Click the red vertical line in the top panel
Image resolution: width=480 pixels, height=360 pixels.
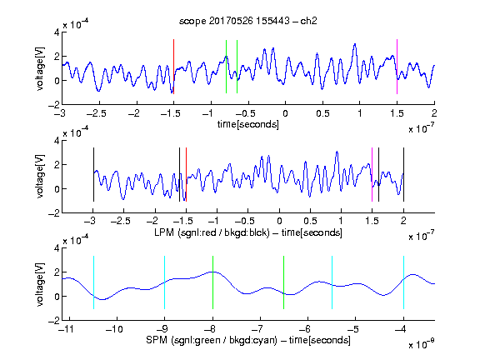click(173, 67)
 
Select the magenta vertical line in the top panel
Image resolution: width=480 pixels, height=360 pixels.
click(397, 67)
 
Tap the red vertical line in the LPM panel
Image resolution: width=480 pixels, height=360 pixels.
click(186, 174)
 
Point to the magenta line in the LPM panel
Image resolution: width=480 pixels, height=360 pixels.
click(372, 174)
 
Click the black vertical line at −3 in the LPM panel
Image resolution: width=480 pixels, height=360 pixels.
click(93, 174)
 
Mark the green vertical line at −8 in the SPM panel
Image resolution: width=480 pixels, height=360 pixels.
click(212, 282)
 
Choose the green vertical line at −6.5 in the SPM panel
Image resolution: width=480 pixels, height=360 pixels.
click(284, 282)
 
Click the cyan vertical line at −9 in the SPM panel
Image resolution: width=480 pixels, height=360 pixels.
click(164, 282)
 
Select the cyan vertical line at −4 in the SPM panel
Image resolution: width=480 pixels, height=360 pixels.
click(403, 282)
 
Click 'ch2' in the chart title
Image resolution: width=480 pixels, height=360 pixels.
click(308, 21)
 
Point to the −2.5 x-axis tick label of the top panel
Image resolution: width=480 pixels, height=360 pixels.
click(97, 113)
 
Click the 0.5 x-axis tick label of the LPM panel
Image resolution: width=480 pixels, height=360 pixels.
click(310, 221)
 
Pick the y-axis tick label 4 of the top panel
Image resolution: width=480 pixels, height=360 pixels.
click(57, 32)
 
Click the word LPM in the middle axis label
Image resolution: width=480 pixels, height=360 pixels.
click(164, 232)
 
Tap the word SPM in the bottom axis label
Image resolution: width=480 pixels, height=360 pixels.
click(157, 340)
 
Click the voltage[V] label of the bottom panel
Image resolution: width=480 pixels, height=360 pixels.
click(40, 284)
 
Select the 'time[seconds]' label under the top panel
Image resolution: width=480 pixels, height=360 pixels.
click(248, 124)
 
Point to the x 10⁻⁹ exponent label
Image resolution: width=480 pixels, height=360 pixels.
click(421, 343)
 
